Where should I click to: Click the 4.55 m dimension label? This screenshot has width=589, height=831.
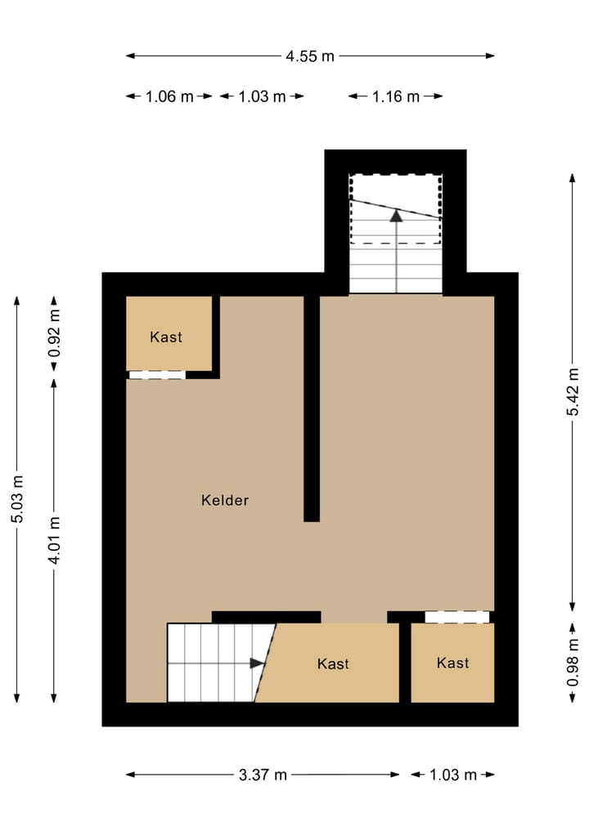310,56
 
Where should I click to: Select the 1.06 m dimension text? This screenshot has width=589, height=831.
169,96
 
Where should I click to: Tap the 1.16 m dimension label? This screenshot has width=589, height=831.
396,96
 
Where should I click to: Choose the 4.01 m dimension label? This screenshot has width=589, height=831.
54,540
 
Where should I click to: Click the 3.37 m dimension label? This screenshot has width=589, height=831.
263,775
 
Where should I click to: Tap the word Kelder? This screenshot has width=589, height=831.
225,500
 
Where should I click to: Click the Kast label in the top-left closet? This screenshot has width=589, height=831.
166,337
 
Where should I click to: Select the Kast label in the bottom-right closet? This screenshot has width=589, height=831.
452,663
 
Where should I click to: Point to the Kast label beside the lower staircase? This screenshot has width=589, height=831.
333,663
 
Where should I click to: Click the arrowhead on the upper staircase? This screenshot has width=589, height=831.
396,216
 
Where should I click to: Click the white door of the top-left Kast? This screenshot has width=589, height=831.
157,375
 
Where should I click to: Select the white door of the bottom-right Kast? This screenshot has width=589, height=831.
457,617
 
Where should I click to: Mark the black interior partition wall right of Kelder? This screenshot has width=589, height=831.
312,409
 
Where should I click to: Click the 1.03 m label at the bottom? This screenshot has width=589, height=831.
452,775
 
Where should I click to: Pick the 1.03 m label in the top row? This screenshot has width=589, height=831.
263,96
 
